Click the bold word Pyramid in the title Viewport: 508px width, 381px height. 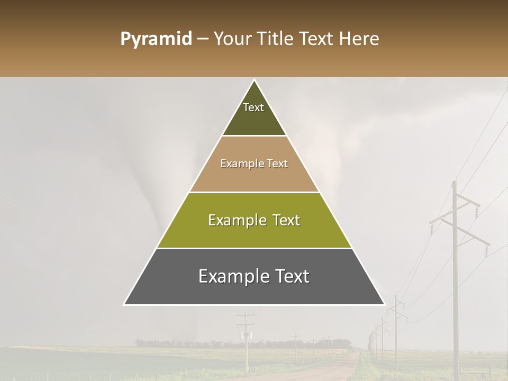(156, 39)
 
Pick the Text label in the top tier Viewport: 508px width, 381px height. (253, 107)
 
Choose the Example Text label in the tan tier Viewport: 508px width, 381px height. (254, 164)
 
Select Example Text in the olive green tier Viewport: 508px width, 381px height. (254, 220)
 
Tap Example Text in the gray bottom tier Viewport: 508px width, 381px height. (254, 276)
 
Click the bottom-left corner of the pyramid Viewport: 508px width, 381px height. (124, 304)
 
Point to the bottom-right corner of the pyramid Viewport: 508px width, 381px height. (384, 304)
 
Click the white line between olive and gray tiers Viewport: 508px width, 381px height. (254, 248)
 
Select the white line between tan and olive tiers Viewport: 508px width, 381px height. (254, 192)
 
